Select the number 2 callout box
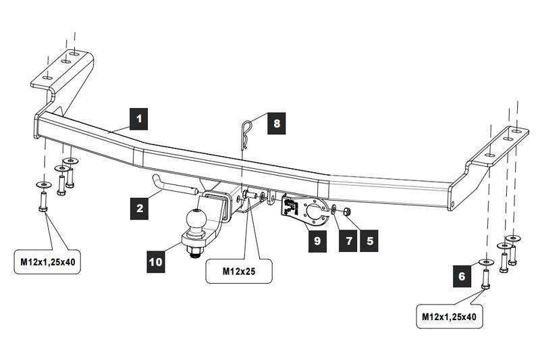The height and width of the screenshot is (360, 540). pyautogui.click(x=140, y=207)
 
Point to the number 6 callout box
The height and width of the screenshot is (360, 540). pyautogui.click(x=462, y=276)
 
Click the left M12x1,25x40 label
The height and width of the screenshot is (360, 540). pyautogui.click(x=46, y=262)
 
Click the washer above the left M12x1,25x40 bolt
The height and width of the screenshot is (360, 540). pyautogui.click(x=43, y=185)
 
